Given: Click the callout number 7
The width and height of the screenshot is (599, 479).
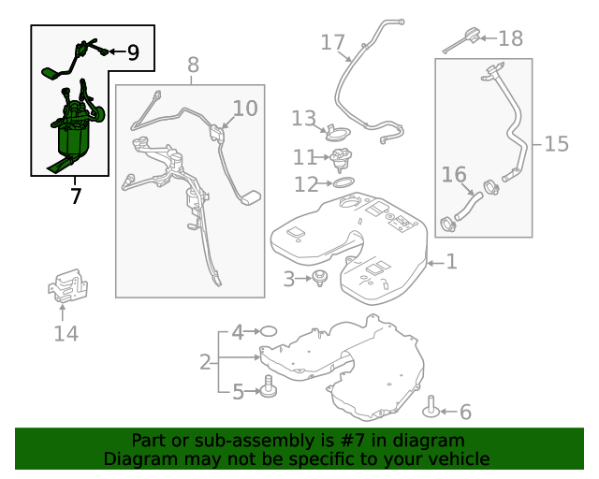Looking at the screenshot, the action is point(76,196).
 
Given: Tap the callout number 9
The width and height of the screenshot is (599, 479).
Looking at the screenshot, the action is point(133,52).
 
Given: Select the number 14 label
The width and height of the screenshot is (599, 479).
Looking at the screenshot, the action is point(66,333).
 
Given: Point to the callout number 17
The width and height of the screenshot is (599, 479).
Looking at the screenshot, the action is point(333,42).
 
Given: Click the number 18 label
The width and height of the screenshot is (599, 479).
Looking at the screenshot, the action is point(511,38).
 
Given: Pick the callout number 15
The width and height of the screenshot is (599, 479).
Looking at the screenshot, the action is point(557,144).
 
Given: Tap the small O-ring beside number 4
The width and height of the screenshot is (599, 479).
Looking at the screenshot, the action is point(269,331).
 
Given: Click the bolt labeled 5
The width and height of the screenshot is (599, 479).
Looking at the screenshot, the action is point(269,386).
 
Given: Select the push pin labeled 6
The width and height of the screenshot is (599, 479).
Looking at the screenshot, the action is point(431,407).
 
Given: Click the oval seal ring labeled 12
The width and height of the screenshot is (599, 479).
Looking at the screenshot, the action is point(343,182).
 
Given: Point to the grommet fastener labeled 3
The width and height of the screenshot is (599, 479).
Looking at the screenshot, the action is point(319,278).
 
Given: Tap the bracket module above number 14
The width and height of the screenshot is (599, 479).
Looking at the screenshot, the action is point(68,285).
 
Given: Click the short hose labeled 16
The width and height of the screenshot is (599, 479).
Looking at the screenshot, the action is point(468,206).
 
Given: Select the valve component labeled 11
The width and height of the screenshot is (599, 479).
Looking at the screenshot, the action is point(341,160).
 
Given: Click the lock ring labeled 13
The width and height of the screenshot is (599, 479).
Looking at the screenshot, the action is point(338,132).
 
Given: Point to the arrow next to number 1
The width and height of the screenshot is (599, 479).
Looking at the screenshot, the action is point(435,263).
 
